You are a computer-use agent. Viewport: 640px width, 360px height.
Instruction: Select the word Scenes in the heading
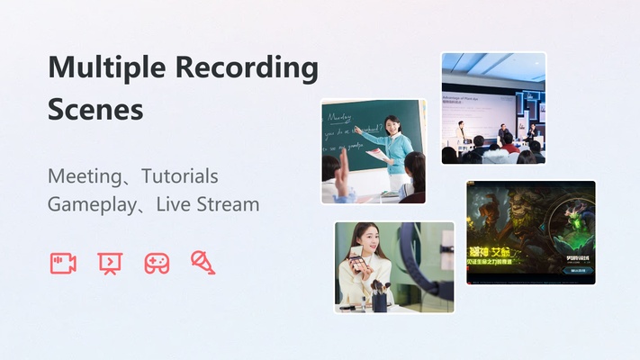point(95,110)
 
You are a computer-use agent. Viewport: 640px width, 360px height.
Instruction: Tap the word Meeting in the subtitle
point(86,176)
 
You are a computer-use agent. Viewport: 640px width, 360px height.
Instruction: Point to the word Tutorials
point(179,176)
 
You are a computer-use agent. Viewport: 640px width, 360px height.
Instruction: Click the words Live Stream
point(207,204)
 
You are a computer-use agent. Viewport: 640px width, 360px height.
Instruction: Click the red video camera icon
point(63,263)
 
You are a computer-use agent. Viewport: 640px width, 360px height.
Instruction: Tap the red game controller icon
point(157,263)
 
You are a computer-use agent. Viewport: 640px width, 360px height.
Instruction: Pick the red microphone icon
point(203,262)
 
